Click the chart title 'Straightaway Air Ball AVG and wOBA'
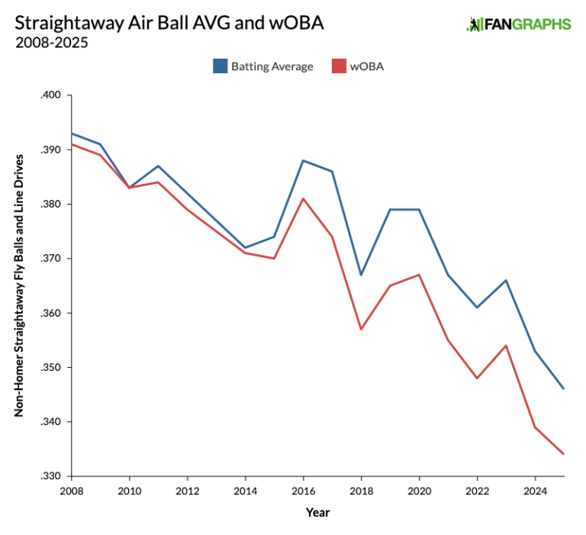pyautogui.click(x=169, y=23)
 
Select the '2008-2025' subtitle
pyautogui.click(x=51, y=43)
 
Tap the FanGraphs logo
pyautogui.click(x=518, y=24)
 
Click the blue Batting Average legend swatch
pyautogui.click(x=220, y=66)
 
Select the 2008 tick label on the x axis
pyautogui.click(x=71, y=490)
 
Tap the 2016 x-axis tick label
pyautogui.click(x=303, y=490)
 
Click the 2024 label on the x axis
pyautogui.click(x=535, y=490)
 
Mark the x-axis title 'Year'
pyautogui.click(x=317, y=512)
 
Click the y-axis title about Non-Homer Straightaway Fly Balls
pyautogui.click(x=19, y=285)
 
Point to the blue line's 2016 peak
pyautogui.click(x=303, y=160)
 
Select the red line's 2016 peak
pyautogui.click(x=303, y=198)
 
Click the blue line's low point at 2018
pyautogui.click(x=361, y=275)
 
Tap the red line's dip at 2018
pyautogui.click(x=361, y=329)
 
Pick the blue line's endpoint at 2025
pyautogui.click(x=564, y=389)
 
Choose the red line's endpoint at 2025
pyautogui.click(x=564, y=454)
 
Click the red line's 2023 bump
pyautogui.click(x=506, y=346)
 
